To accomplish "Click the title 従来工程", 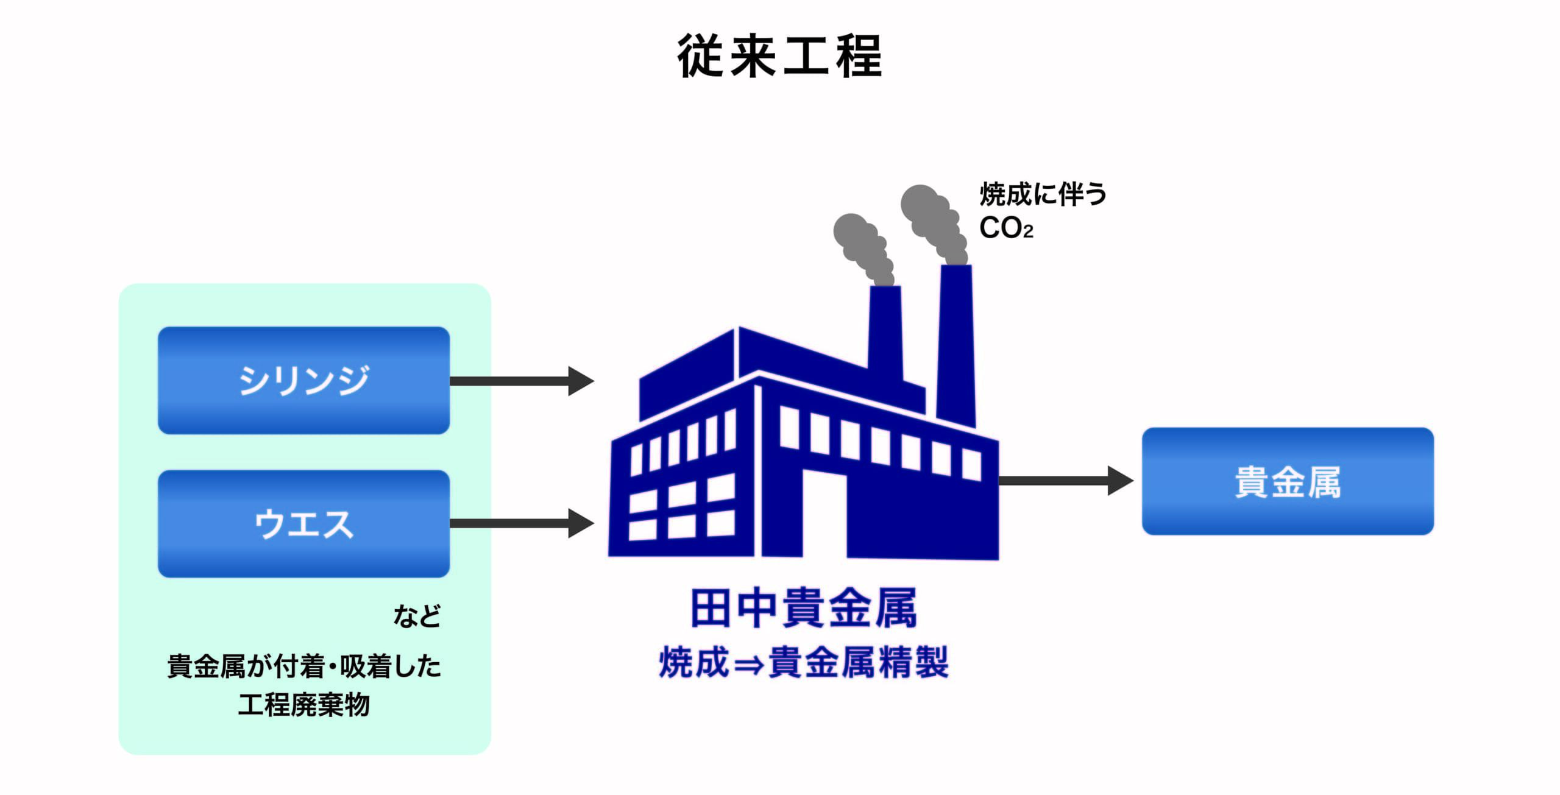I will coord(779,56).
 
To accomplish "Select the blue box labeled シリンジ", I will coord(303,380).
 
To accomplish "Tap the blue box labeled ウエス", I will coord(303,523).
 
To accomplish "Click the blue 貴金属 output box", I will coord(1287,481).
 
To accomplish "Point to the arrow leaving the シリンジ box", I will coord(521,381).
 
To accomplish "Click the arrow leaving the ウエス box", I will coord(521,523).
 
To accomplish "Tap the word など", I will coord(417,616).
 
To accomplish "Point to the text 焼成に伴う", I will coord(1043,194).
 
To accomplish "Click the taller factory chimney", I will coord(955,341).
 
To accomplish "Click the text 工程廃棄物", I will coord(303,705).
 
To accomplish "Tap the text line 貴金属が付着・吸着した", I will coord(303,666).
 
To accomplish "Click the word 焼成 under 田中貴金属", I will coord(693,663).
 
